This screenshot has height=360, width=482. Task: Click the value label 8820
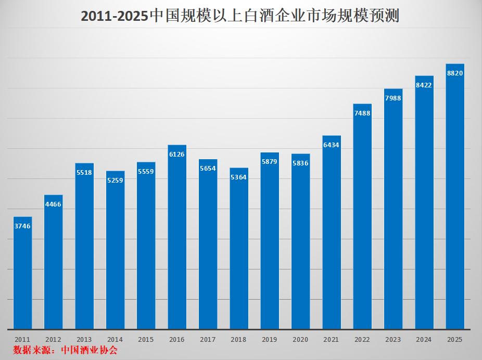point(455,73)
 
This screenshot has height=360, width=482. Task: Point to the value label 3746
point(22,226)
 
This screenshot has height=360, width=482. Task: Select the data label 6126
point(177,154)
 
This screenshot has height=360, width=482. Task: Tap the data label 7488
point(362,113)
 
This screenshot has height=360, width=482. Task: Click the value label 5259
point(115,181)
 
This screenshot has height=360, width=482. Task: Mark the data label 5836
point(300,163)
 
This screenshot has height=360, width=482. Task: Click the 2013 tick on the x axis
point(84,339)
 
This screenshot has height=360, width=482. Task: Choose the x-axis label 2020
point(300,339)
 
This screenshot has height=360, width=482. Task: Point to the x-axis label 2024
point(424,339)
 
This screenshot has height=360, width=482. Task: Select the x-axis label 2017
point(208,339)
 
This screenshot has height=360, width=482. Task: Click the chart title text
point(240,17)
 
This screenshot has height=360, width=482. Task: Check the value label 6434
point(332,145)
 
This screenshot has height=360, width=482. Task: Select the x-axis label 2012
point(53,339)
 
